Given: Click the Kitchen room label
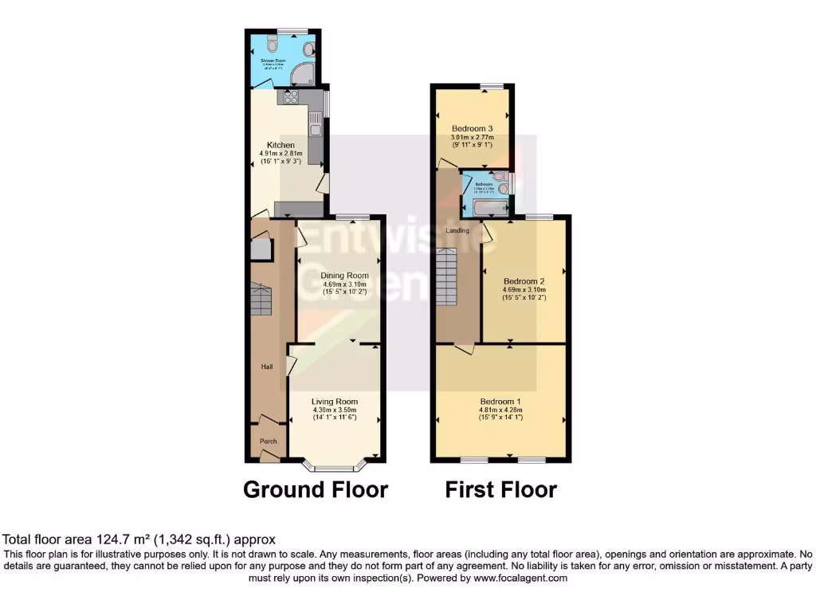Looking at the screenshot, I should (x=271, y=145).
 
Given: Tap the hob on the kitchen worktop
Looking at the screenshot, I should (x=288, y=98).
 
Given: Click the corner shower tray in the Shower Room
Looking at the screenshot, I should (x=302, y=76).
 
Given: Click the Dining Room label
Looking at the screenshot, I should (x=339, y=276).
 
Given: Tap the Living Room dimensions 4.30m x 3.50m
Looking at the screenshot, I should (x=335, y=410).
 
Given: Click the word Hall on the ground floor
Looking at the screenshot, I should (x=268, y=367).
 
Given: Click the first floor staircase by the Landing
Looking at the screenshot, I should (x=448, y=276).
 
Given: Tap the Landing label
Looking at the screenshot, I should (x=457, y=231).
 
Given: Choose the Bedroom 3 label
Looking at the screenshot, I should (x=473, y=128).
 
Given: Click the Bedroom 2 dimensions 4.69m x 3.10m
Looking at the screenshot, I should (x=524, y=290).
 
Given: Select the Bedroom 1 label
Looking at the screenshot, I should (x=500, y=401).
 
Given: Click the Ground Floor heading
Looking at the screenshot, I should (x=315, y=489).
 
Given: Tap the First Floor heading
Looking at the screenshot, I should (x=500, y=489).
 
